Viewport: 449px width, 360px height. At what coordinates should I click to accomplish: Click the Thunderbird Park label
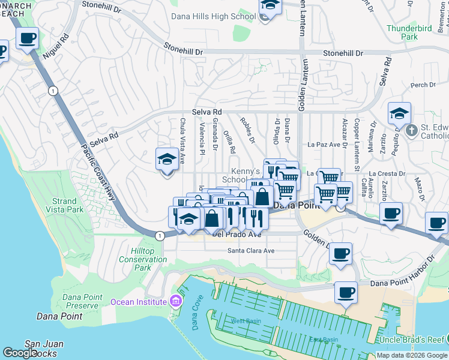point(410,32)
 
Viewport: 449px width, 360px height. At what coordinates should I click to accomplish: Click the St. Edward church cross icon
point(411,130)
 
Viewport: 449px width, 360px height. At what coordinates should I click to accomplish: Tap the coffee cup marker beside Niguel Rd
point(28,38)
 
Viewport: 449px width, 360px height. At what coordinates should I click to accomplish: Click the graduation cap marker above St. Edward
point(399,114)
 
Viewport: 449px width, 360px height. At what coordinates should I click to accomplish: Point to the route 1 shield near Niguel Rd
point(53,91)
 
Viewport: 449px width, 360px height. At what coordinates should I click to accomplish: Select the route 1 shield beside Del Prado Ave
point(159,236)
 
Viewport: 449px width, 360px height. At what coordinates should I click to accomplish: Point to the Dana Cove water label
point(194,317)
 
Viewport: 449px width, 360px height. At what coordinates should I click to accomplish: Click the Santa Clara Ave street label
point(250,251)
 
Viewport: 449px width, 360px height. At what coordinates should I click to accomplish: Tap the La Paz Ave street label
point(328,145)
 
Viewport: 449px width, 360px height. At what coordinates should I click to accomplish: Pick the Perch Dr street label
point(423,85)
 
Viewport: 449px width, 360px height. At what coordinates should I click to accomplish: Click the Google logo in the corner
point(20,353)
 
